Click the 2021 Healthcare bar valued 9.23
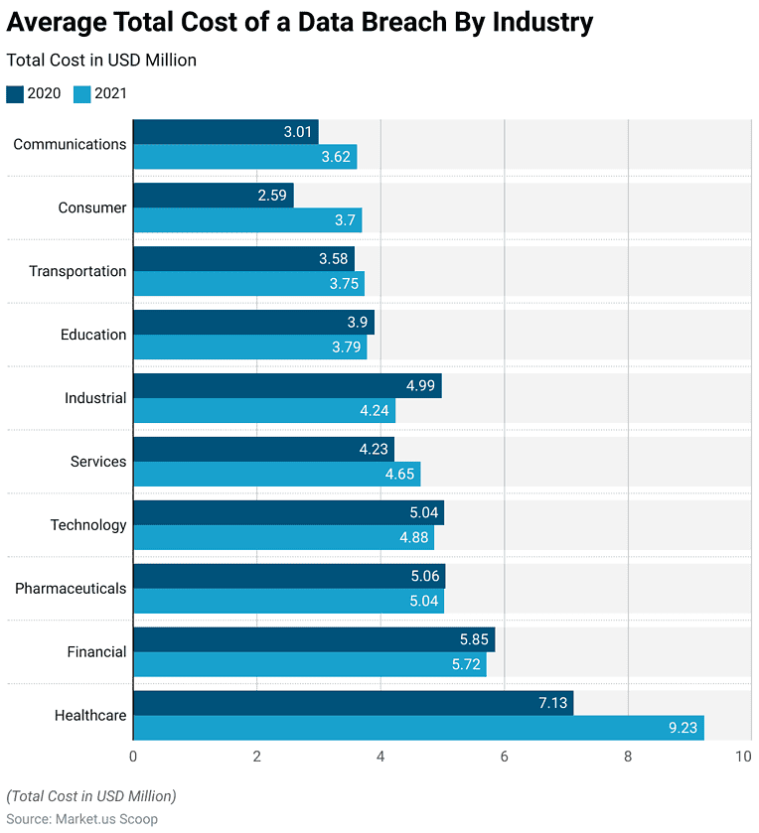coord(418,728)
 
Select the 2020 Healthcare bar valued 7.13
coord(353,703)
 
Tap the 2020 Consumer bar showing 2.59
coord(213,196)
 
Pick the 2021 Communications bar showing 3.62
coord(244,157)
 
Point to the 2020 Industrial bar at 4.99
coord(287,386)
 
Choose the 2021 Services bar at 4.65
coord(276,475)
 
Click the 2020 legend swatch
coord(15,94)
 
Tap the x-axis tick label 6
coord(505,757)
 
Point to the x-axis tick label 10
coord(743,757)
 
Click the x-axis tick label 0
coord(133,757)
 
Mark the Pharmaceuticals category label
coord(71,589)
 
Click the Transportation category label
coord(77,271)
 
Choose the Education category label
coord(93,335)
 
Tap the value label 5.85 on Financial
coord(473,640)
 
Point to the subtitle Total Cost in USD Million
coord(101,61)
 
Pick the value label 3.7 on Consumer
coord(343,220)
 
